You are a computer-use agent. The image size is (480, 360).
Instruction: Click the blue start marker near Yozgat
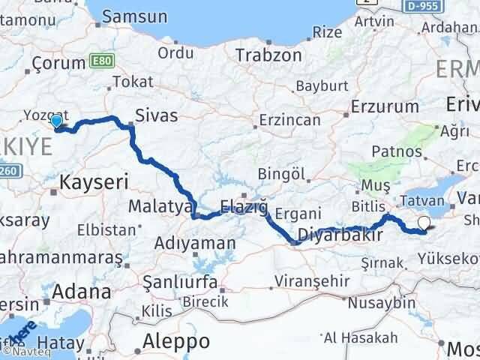click(56, 121)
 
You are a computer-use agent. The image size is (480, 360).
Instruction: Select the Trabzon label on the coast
click(258, 55)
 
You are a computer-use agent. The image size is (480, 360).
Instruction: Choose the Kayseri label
click(94, 181)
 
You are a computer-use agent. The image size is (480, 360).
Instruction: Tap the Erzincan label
click(289, 120)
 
